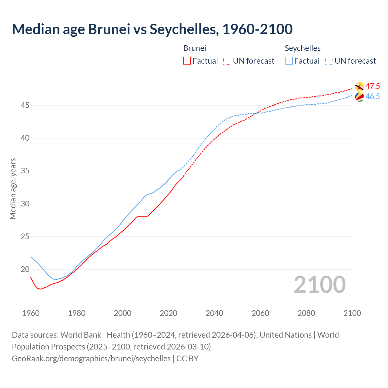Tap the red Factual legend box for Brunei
(x=187, y=61)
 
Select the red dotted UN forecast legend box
(x=227, y=61)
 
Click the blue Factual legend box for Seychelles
(x=289, y=61)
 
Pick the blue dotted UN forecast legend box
(x=329, y=61)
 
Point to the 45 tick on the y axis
(x=25, y=105)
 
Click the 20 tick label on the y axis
(x=25, y=269)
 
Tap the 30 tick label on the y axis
(x=25, y=204)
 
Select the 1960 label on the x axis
(x=31, y=313)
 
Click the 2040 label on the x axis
(x=214, y=313)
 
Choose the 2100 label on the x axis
(x=352, y=313)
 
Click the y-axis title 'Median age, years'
(x=13, y=189)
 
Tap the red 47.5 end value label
(x=373, y=86)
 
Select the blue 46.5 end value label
(x=373, y=97)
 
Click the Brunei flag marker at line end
(x=360, y=87)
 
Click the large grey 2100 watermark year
(x=319, y=285)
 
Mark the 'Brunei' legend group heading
(x=195, y=48)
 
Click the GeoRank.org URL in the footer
(x=91, y=359)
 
